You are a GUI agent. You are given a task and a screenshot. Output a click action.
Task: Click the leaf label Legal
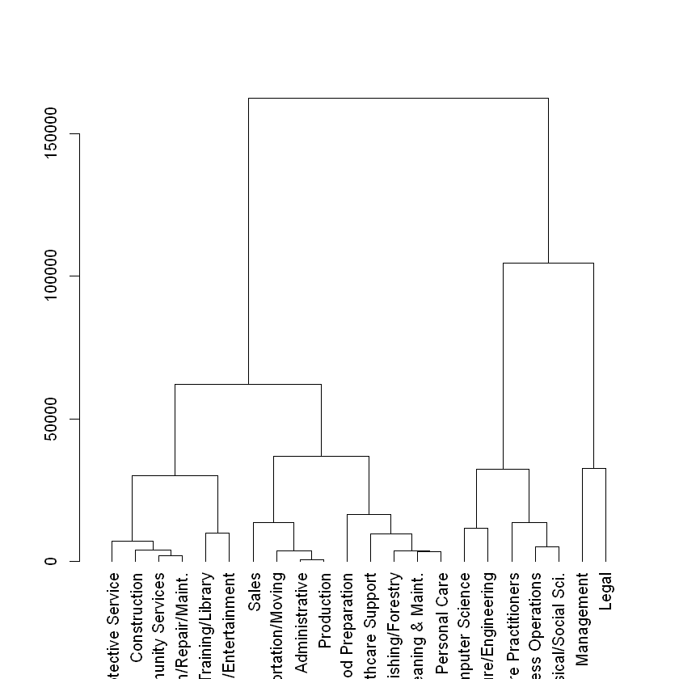pyautogui.click(x=606, y=591)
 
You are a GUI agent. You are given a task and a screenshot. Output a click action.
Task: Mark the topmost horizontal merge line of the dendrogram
pyautogui.click(x=398, y=98)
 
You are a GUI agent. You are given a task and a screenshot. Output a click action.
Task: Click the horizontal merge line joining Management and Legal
pyautogui.click(x=594, y=468)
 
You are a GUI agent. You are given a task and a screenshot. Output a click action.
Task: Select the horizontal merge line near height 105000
pyautogui.click(x=548, y=263)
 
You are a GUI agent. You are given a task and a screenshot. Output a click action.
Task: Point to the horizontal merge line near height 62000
pyautogui.click(x=248, y=384)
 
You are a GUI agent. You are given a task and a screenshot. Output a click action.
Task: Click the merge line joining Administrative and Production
pyautogui.click(x=312, y=559)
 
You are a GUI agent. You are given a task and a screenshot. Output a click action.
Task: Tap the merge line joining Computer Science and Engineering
pyautogui.click(x=476, y=528)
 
